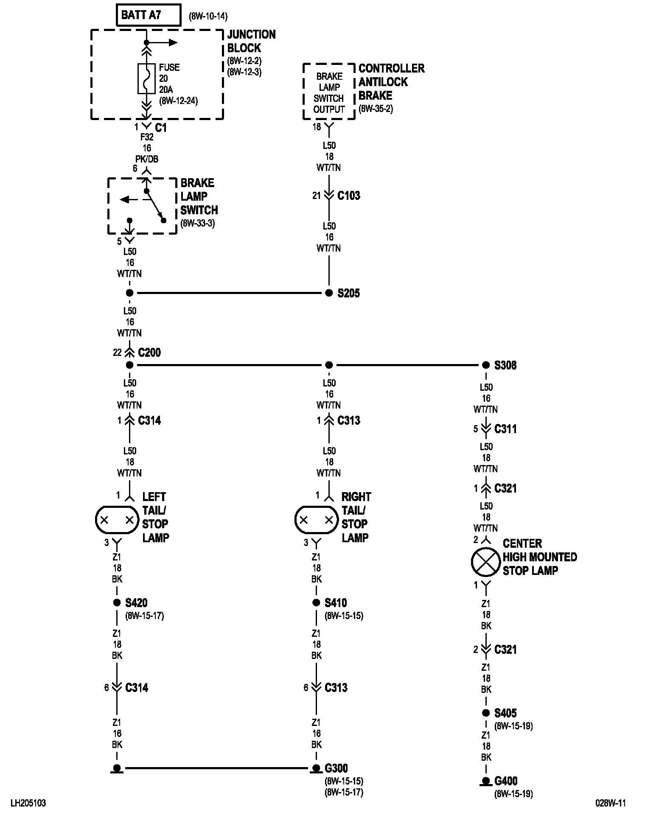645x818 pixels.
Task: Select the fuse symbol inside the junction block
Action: coord(146,78)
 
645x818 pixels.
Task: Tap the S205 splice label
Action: coord(348,293)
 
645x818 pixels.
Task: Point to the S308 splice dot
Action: coord(486,365)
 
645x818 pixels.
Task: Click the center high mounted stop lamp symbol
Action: coord(486,562)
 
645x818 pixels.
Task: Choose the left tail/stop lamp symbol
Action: coord(117,520)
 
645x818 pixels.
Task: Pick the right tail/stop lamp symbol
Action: coord(316,520)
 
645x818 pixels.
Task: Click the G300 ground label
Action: coord(336,768)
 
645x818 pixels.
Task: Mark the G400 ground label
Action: coord(506,781)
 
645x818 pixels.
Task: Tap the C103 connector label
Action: coord(348,196)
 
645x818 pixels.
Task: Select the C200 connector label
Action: coord(149,353)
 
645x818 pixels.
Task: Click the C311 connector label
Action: coord(505,429)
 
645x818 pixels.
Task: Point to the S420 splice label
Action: coord(136,603)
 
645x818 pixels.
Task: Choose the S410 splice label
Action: coord(336,603)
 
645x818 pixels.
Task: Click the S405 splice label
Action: coord(505,713)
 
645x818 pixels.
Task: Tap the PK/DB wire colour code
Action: coord(146,159)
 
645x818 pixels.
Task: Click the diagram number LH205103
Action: coord(28,803)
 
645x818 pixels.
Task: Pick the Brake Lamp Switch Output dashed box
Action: coord(329,92)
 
